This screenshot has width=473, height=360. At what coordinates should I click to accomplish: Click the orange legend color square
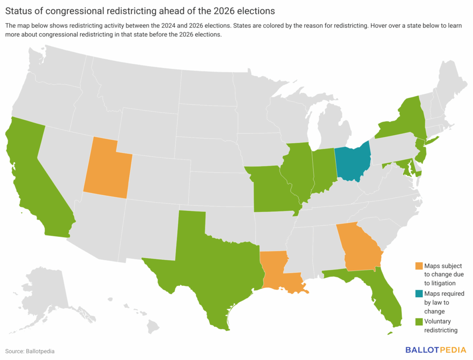(x=419, y=266)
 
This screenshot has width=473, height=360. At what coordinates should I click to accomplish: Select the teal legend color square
(x=419, y=294)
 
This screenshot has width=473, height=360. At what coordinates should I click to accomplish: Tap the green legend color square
(x=419, y=322)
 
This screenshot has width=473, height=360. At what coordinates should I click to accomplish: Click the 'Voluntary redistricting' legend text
(x=441, y=326)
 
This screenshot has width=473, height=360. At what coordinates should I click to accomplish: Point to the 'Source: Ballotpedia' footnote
(x=30, y=351)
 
